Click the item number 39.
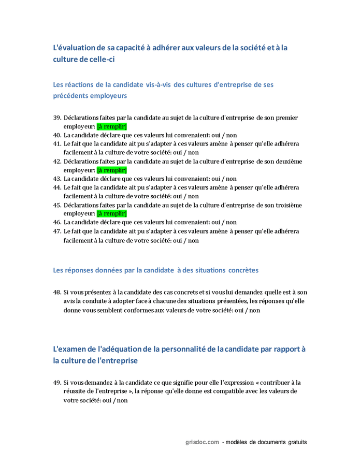click(57, 118)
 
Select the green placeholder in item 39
click(112, 126)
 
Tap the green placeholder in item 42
click(112, 170)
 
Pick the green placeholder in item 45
click(112, 214)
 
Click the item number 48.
click(57, 293)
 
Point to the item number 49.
click(57, 383)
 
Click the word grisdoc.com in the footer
click(203, 442)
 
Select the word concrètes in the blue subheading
click(236, 270)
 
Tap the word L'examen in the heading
click(70, 349)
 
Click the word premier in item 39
click(286, 118)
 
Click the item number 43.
click(57, 179)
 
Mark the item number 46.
click(57, 222)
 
